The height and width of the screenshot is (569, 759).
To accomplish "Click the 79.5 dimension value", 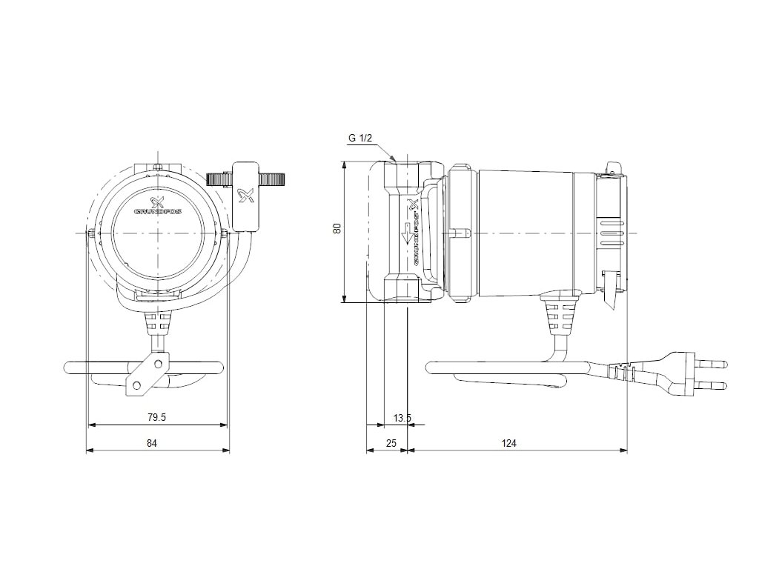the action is click(156, 417).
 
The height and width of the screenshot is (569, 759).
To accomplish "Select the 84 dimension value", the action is click(152, 443).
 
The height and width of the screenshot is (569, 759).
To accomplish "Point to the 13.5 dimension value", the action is click(402, 418).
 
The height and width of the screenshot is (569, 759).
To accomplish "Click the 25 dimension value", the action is click(392, 443).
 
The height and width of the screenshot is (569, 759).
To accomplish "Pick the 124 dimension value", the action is click(508, 443).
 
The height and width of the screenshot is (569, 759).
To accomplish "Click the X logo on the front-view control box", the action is click(246, 196).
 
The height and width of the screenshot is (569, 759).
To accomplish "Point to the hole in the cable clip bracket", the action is click(137, 384).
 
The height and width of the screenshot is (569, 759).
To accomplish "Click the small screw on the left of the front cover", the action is click(91, 234).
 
